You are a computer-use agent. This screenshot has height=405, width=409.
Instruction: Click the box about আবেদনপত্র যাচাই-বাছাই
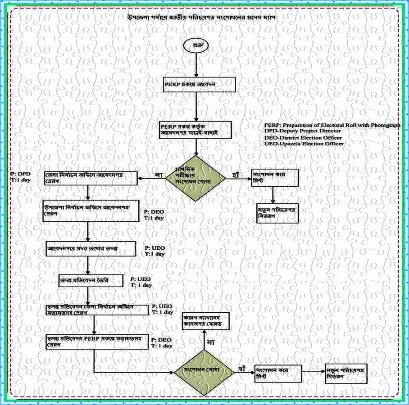pos(195,129)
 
